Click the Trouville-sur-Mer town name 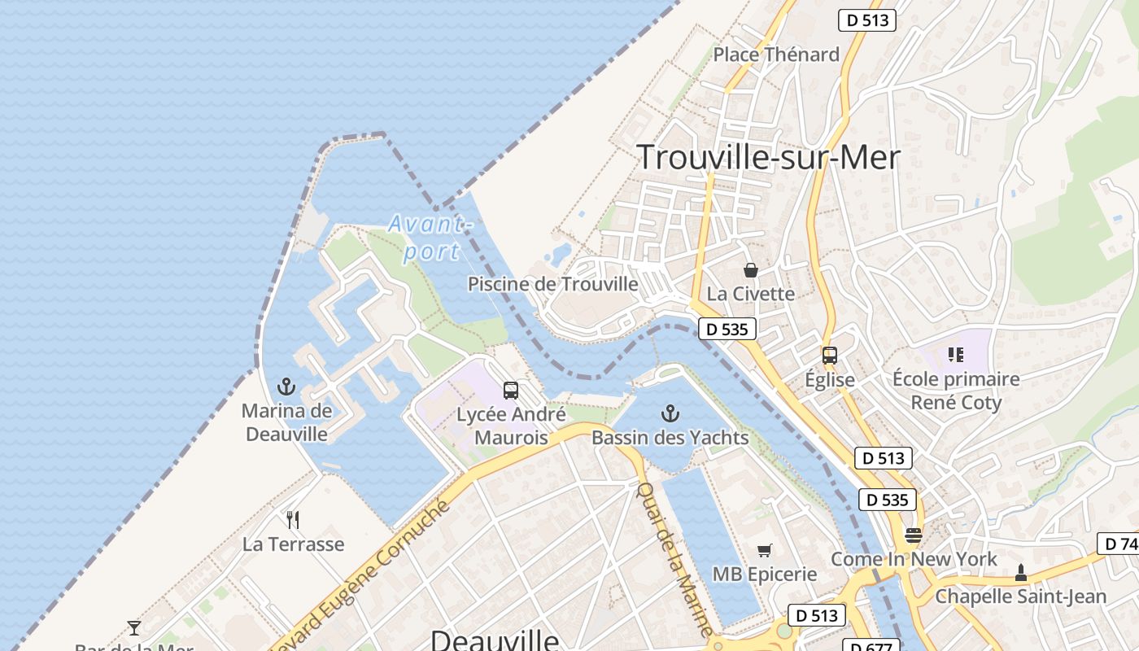tap(768, 157)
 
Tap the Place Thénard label tap(776, 55)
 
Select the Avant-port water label tap(430, 238)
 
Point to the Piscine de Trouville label tap(552, 284)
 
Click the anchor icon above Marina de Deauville tap(286, 387)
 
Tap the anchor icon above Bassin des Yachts tap(670, 413)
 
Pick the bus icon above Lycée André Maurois tap(511, 391)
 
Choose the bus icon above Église tap(830, 356)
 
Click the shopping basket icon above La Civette tap(751, 269)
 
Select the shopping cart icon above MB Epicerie tap(764, 551)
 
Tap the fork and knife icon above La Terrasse tap(293, 519)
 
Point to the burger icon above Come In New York tap(914, 535)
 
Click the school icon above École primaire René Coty tap(956, 355)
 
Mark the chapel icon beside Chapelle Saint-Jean tap(1021, 574)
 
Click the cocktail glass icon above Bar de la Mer tap(134, 627)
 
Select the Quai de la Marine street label tap(674, 560)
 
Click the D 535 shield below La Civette tap(727, 330)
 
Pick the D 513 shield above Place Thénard tap(866, 20)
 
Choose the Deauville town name tap(495, 640)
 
